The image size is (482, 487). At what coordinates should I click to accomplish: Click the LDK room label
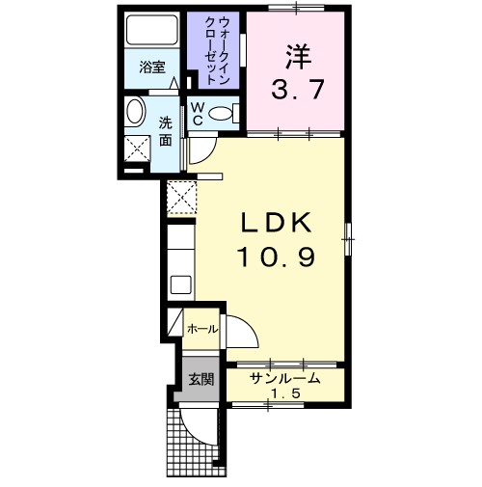277,223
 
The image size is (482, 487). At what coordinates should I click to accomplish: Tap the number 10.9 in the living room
277,257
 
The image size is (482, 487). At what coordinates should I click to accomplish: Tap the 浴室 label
150,68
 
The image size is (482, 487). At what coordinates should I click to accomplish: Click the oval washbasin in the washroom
135,112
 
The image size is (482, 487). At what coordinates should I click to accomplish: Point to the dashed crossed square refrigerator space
181,199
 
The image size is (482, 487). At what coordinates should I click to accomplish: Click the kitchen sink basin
180,285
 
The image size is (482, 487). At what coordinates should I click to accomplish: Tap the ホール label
201,329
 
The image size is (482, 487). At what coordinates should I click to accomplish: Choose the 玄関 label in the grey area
201,379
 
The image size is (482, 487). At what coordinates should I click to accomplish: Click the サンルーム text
281,378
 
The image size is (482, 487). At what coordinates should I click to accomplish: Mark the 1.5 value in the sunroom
280,394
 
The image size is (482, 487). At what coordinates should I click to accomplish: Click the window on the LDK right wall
349,235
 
